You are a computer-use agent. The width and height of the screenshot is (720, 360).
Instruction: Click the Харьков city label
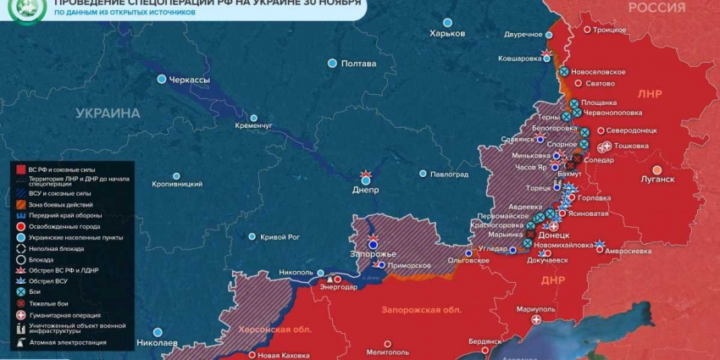click(447, 33)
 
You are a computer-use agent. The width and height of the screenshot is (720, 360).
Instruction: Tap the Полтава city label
click(358, 64)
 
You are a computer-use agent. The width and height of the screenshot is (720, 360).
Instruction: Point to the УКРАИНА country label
click(108, 113)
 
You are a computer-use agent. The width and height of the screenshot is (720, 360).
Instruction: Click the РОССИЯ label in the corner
click(656, 8)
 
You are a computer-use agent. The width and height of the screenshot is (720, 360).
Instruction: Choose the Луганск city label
click(657, 180)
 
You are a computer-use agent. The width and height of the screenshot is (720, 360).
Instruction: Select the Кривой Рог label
click(280, 237)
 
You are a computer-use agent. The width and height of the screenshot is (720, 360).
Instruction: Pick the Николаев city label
click(157, 343)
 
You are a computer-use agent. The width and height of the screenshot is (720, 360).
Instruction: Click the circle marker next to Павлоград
click(423, 174)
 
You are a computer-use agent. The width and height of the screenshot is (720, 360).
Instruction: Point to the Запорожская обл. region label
click(422, 310)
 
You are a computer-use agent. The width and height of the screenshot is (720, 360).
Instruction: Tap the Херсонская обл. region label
click(272, 329)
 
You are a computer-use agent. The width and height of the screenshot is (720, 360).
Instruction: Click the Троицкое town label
click(609, 30)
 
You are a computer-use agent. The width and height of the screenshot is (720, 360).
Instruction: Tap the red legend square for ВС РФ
click(20, 169)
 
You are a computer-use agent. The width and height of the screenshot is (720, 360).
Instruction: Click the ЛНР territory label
click(650, 93)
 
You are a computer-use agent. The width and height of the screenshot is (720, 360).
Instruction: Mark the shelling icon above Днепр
click(366, 175)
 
